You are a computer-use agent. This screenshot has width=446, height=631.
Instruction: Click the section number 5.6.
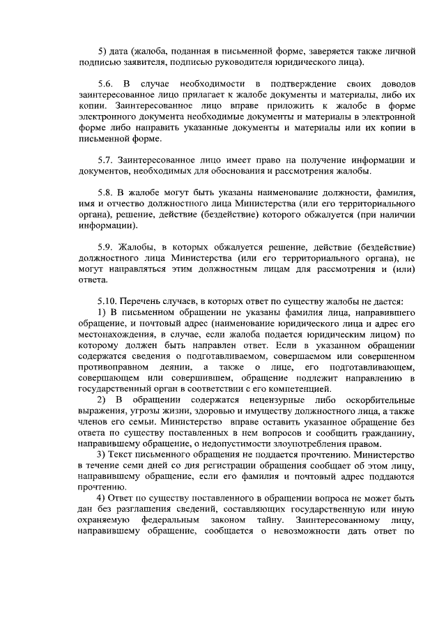[107, 84]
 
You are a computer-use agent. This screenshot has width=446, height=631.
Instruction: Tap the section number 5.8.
[107, 192]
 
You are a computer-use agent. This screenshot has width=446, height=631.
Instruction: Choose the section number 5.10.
[109, 301]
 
